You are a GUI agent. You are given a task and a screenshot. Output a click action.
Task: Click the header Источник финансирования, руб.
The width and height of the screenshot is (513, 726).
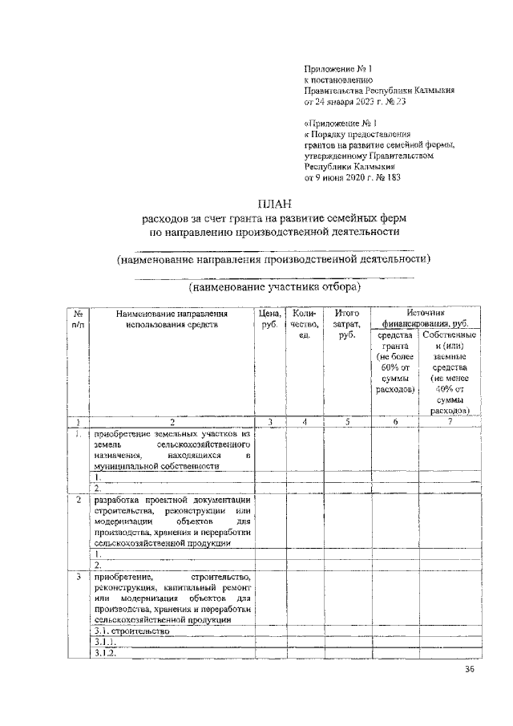[425, 318]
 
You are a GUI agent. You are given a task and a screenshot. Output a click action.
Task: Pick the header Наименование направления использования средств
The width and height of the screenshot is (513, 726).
[172, 318]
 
